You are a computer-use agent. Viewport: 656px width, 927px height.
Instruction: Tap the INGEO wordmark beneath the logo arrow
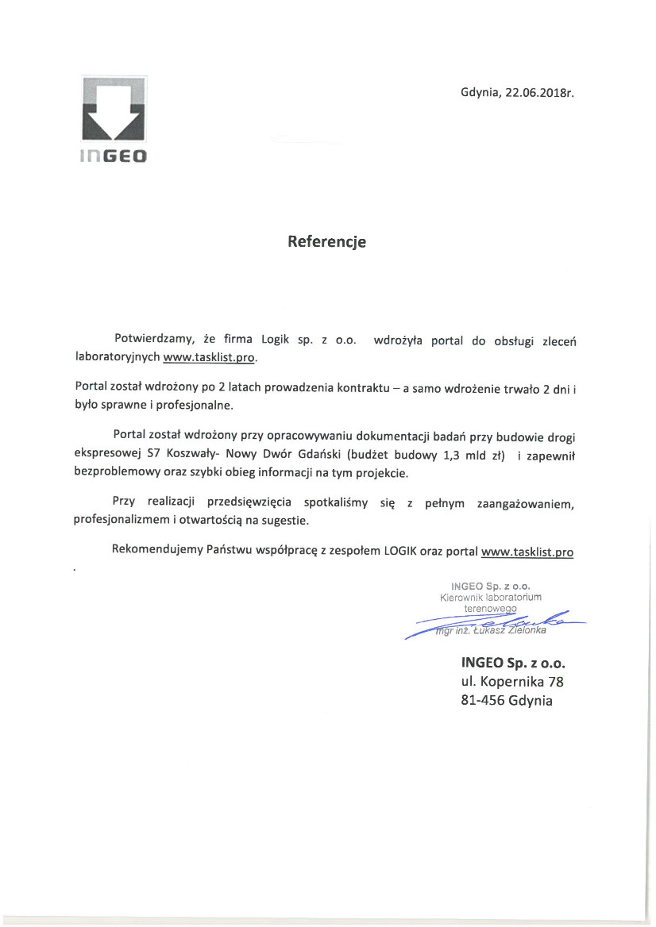coord(113,157)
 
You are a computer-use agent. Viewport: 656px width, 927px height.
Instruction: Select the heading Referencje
coord(327,242)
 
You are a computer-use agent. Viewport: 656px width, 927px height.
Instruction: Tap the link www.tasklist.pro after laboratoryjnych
coord(210,358)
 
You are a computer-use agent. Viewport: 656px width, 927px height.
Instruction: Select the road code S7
coord(154,455)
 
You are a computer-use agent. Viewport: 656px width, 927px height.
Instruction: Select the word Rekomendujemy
coord(157,550)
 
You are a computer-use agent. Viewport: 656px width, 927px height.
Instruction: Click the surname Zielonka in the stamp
coord(523,632)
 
